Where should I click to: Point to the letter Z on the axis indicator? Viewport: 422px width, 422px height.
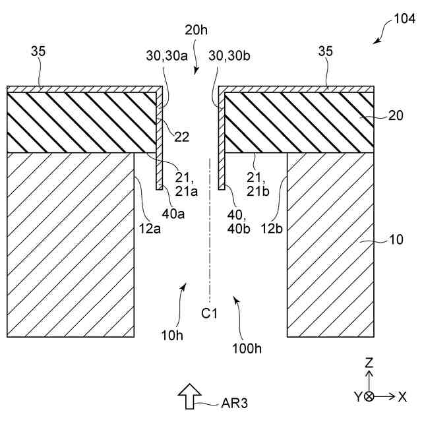pyautogui.click(x=369, y=363)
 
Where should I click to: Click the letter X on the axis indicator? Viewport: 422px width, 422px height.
pyautogui.click(x=402, y=396)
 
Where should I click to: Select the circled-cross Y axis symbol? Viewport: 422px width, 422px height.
pyautogui.click(x=369, y=397)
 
